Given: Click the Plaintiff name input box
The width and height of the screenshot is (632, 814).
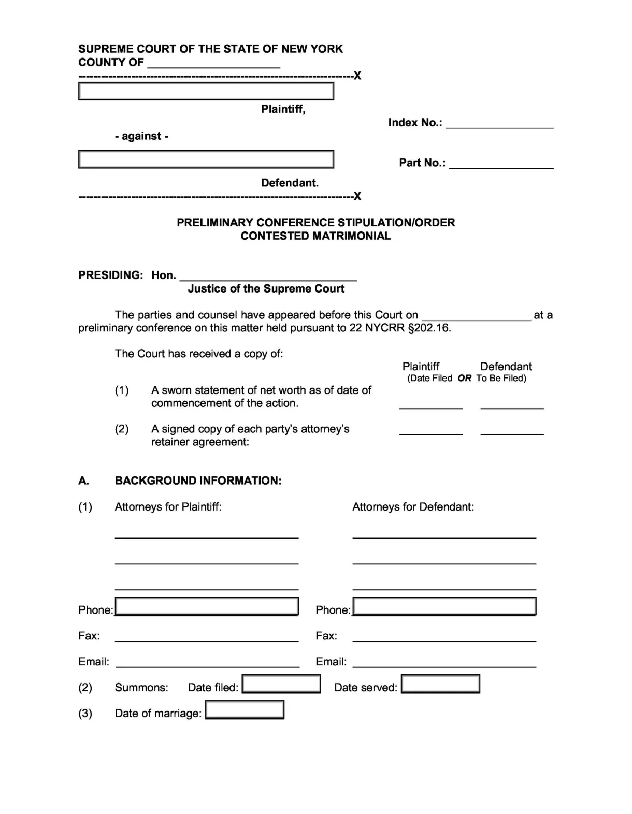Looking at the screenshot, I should [x=206, y=91].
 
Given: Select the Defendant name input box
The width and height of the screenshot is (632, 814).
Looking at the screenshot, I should [x=206, y=159].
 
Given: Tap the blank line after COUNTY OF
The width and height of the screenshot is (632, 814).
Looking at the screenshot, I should [x=213, y=64].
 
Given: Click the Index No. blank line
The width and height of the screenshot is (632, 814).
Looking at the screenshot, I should [x=499, y=124].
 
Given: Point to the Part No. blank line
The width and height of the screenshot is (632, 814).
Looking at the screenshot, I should [x=501, y=164].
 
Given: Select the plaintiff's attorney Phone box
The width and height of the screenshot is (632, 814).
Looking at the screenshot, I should [x=207, y=606].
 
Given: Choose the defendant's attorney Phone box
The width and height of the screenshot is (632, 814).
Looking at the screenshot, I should [x=444, y=606].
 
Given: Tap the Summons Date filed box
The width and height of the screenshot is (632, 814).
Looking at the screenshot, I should [x=281, y=684].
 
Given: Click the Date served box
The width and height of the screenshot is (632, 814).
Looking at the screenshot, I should [x=440, y=684].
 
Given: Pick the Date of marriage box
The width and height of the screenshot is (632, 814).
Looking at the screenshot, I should [x=245, y=710].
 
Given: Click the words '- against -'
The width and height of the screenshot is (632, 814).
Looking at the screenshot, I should [x=141, y=136].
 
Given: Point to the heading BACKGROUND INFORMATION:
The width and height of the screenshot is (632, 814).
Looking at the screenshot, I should [x=198, y=481].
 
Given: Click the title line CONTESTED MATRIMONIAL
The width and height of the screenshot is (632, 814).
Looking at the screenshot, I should [x=315, y=236].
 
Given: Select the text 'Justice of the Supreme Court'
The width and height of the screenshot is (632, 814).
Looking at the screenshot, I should [x=266, y=289].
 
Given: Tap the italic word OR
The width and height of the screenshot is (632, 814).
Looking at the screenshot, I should [x=464, y=379].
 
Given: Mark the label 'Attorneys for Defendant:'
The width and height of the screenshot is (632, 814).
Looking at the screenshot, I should [x=413, y=507].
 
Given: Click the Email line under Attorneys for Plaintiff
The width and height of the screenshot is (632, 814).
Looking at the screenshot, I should [x=207, y=663].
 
